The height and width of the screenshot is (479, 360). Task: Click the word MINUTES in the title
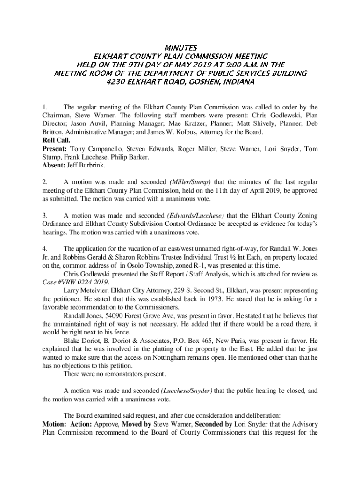[180, 48]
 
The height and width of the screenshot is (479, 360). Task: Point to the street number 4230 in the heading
[118, 81]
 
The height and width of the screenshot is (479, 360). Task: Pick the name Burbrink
[93, 165]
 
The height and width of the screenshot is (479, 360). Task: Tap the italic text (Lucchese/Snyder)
[187, 391]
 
